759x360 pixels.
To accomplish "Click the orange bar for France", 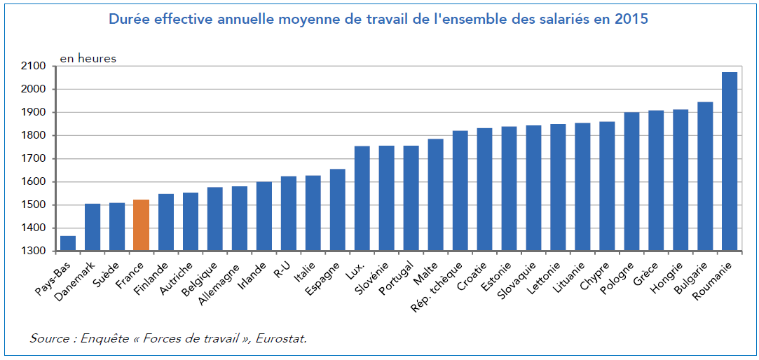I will [141, 225].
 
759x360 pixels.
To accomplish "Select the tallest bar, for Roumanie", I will [730, 161].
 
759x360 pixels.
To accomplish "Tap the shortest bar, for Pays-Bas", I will [68, 243].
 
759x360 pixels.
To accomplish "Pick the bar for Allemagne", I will [239, 218].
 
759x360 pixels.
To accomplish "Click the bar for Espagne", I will [337, 209].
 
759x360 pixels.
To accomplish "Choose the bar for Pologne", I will [631, 181].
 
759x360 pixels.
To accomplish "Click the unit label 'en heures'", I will [88, 59].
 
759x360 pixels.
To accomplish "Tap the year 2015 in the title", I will [632, 19].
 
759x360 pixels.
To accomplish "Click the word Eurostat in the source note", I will [282, 338].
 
